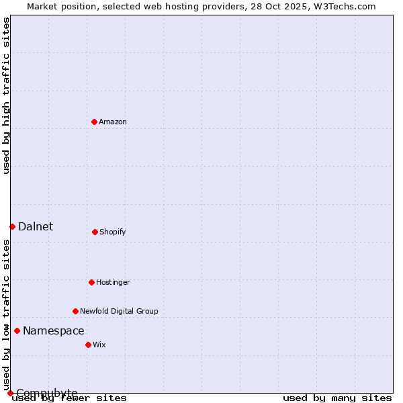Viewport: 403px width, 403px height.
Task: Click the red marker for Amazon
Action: coord(94,122)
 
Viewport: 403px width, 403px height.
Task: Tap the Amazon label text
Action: coord(113,122)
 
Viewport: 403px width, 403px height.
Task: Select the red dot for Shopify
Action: coord(95,232)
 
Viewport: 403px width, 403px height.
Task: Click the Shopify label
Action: coord(112,232)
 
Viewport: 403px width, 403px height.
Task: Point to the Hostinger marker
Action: coord(91,282)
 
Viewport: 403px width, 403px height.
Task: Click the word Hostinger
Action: coord(113,283)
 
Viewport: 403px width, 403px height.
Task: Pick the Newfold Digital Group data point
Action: coord(75,311)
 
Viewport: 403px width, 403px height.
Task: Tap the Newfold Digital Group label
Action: coord(119,312)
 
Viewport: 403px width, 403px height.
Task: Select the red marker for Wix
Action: coord(88,345)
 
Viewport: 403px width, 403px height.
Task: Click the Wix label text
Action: coord(99,345)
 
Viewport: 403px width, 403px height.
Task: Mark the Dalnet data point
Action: coord(12,226)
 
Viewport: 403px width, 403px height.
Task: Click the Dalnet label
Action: coord(36,227)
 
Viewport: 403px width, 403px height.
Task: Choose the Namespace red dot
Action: coord(17,330)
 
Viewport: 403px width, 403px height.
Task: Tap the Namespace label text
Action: coord(54,331)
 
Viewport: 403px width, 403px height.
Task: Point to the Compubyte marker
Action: coord(10,393)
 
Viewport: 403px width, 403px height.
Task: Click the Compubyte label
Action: coord(47,393)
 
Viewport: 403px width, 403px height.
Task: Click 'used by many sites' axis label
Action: coord(337,398)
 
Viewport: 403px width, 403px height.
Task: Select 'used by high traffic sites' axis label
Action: coord(7,95)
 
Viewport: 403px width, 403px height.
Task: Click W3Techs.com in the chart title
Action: coord(345,6)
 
